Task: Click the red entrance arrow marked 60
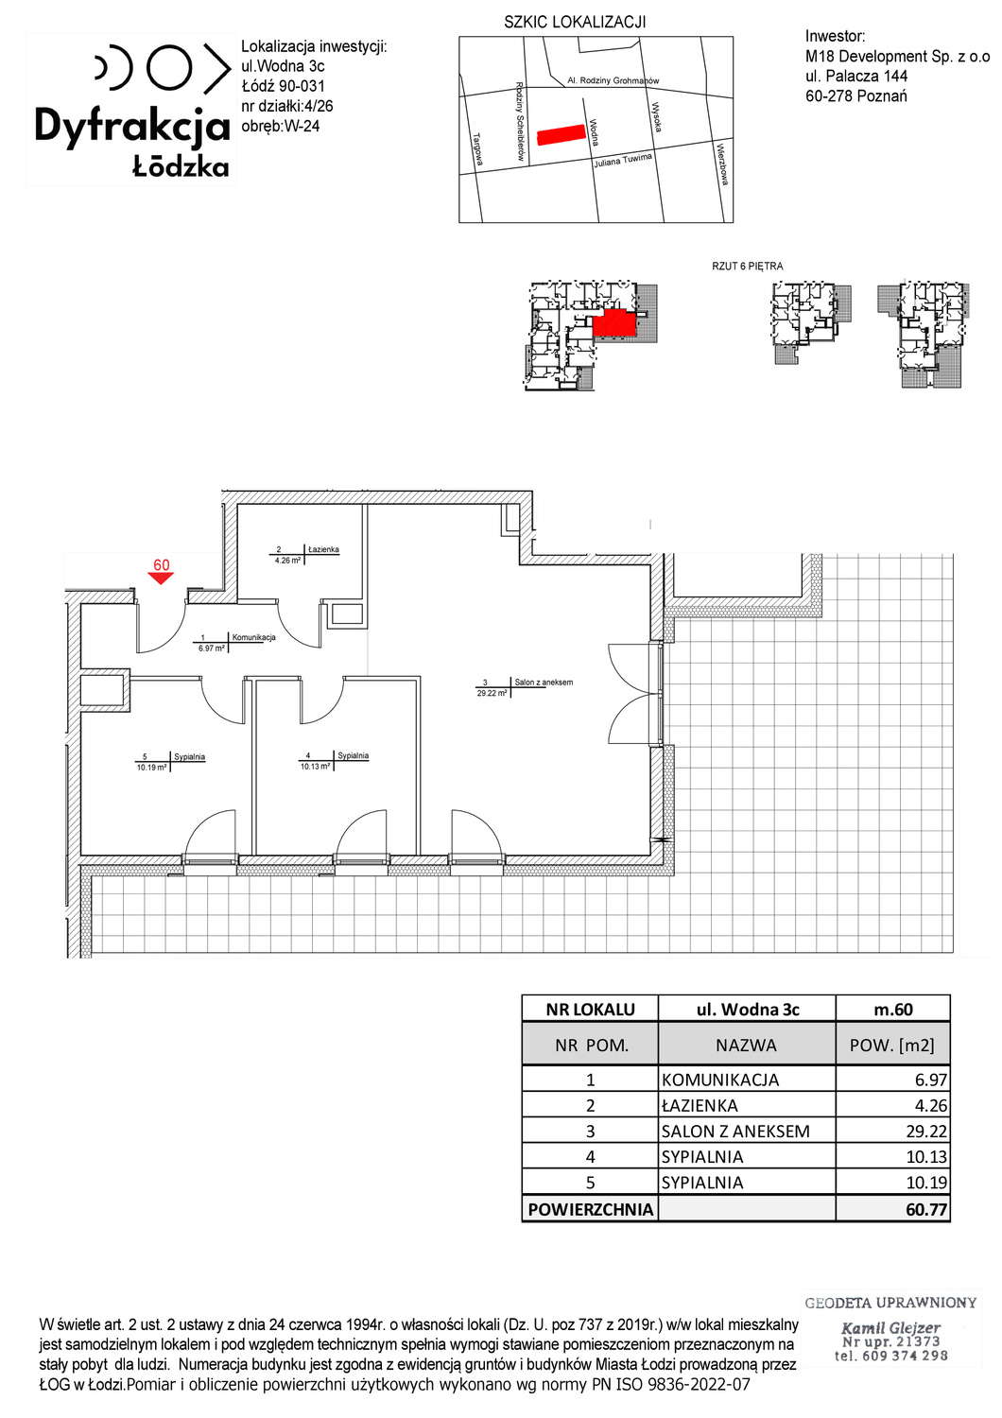coord(161,578)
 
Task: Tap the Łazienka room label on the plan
coord(323,549)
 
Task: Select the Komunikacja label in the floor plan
coord(254,637)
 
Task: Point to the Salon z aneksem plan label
coord(544,682)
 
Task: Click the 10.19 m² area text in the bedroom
coord(152,768)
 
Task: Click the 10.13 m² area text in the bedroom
coord(315,766)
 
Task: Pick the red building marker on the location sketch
coord(561,135)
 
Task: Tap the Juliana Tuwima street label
coord(623,160)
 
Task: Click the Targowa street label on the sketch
coord(478,149)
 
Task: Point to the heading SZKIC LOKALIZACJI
coord(575,22)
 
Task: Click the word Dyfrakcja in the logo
coord(132,127)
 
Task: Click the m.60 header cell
coord(893,1009)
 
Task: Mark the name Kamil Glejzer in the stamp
coord(890,1327)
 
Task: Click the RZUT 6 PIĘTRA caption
coord(748,267)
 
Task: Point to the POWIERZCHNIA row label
coord(591,1209)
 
